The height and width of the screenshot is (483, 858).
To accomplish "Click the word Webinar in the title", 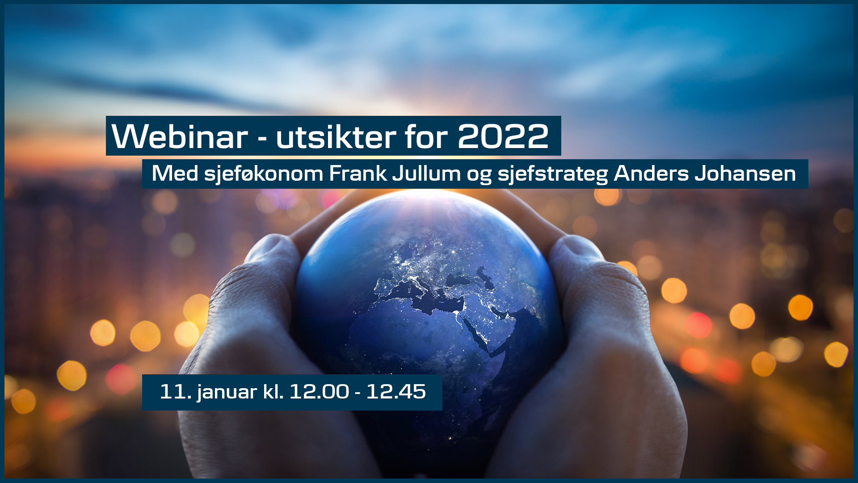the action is click(x=180, y=136).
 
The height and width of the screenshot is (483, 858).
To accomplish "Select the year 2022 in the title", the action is click(x=503, y=136).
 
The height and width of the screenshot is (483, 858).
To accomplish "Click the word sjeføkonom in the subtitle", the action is click(x=263, y=174).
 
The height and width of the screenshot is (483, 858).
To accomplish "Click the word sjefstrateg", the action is click(x=553, y=174).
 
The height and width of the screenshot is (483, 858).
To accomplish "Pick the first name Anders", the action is click(x=651, y=173).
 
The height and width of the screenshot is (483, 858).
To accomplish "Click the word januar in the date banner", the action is click(x=227, y=393).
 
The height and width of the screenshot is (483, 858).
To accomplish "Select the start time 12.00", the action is click(x=319, y=392).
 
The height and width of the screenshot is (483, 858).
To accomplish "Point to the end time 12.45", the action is click(x=396, y=392).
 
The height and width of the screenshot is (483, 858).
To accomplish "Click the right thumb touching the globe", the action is click(x=576, y=255).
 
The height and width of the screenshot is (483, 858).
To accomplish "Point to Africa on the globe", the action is click(x=416, y=340).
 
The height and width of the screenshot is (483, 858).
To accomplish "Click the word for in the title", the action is click(x=427, y=136).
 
